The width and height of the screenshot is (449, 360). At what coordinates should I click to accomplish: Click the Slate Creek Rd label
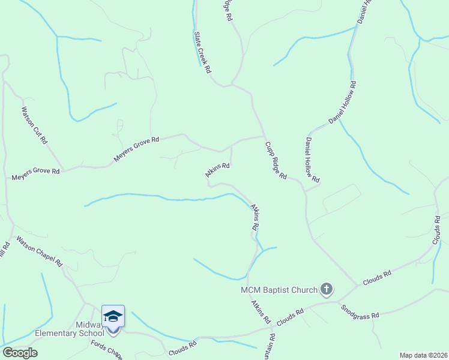click(x=202, y=52)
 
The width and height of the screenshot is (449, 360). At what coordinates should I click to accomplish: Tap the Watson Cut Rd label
click(x=34, y=126)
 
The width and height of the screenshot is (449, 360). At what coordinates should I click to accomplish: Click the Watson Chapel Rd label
click(x=40, y=251)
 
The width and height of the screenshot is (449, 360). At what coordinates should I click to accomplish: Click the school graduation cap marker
click(x=113, y=316)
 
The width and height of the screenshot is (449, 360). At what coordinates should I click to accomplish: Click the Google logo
click(x=20, y=353)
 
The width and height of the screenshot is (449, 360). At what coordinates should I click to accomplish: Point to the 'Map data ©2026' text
click(x=423, y=355)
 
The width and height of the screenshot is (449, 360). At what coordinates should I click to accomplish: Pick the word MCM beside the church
click(x=249, y=290)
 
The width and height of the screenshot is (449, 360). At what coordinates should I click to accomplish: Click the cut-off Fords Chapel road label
click(x=107, y=350)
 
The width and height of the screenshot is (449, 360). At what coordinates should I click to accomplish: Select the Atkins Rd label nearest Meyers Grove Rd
click(x=218, y=170)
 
